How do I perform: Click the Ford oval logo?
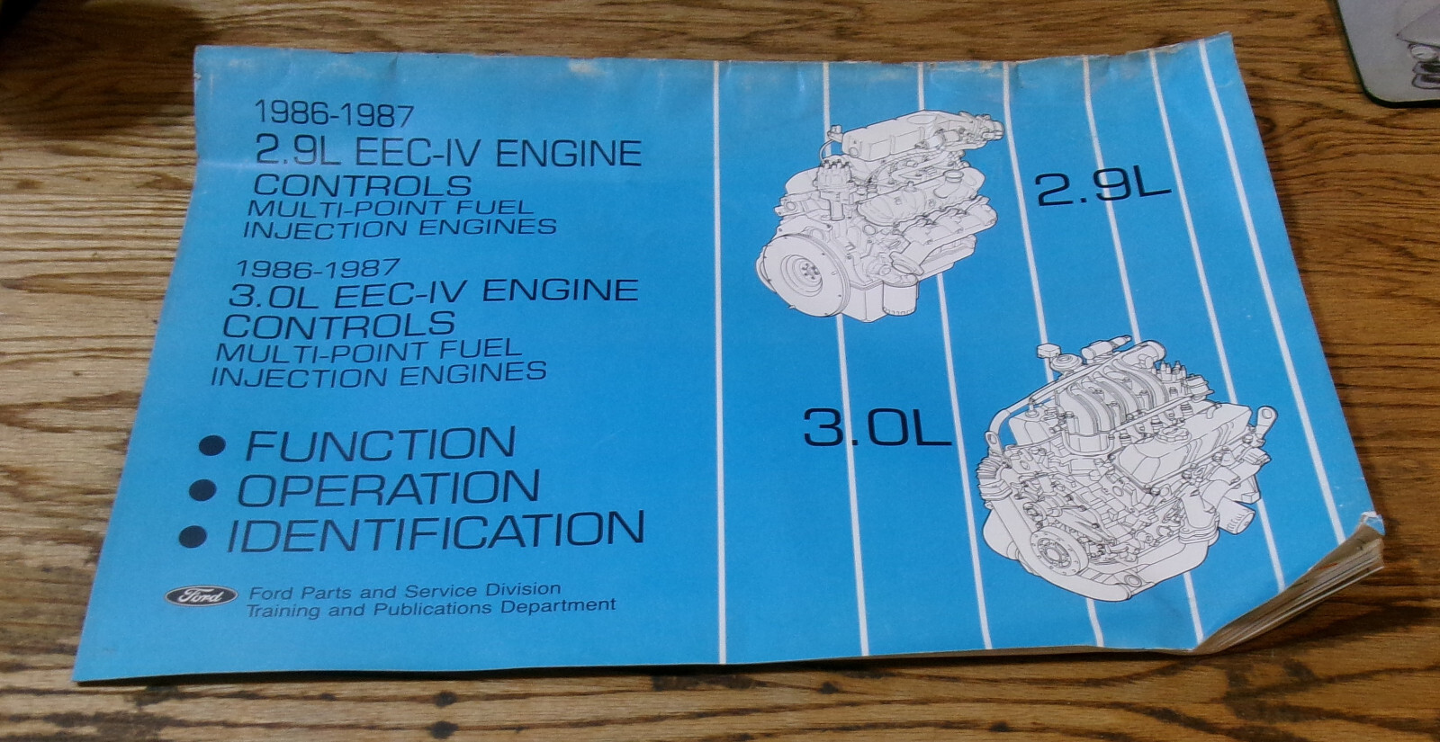click(201, 595)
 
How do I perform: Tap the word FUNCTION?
click(380, 444)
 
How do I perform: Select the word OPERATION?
click(388, 488)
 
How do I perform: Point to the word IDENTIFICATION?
click(436, 531)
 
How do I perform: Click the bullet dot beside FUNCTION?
click(211, 446)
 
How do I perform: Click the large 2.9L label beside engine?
click(1102, 189)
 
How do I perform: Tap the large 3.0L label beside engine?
click(877, 428)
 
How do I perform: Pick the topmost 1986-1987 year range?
click(334, 115)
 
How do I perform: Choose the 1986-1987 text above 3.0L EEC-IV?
click(316, 268)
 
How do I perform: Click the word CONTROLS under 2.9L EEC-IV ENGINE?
click(363, 185)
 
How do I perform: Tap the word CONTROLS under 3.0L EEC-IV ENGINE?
click(338, 324)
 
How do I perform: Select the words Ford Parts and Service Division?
click(405, 591)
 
